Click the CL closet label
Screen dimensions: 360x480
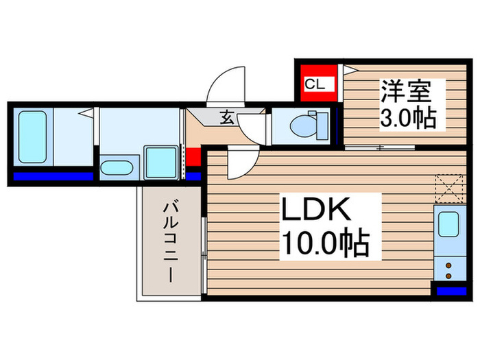click(x=315, y=85)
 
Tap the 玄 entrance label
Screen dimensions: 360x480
click(x=226, y=117)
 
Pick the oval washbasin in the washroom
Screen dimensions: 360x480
click(x=119, y=167)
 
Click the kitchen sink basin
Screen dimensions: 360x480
click(x=450, y=226)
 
